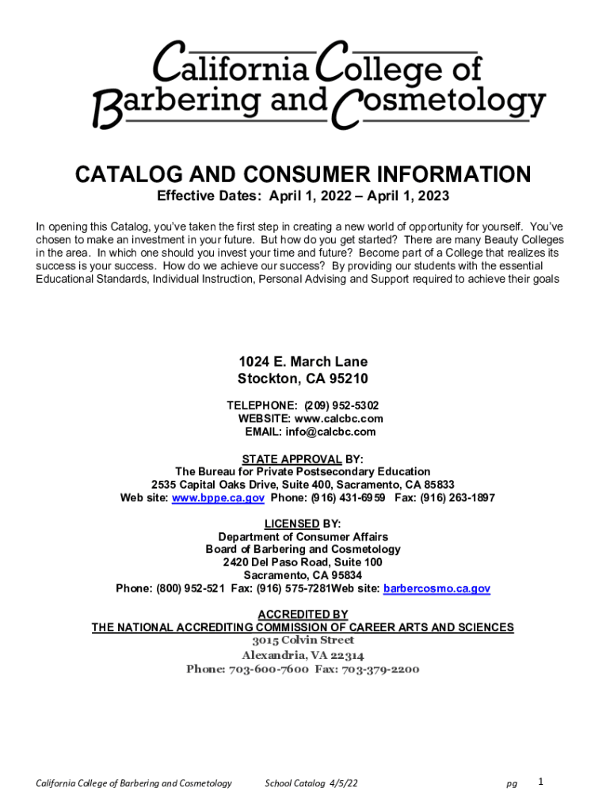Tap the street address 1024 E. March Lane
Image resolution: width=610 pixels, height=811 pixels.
pos(303,362)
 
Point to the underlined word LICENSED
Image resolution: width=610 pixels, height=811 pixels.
pos(292,524)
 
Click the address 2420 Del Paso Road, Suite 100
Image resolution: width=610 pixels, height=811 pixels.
pos(303,562)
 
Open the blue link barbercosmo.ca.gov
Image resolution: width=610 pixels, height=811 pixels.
pos(437,588)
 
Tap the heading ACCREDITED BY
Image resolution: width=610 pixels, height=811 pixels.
pos(303,614)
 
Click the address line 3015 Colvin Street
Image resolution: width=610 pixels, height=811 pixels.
pos(303,640)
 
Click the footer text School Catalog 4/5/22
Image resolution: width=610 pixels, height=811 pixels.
pos(311,783)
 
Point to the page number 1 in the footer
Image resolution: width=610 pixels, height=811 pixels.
pos(540,782)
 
